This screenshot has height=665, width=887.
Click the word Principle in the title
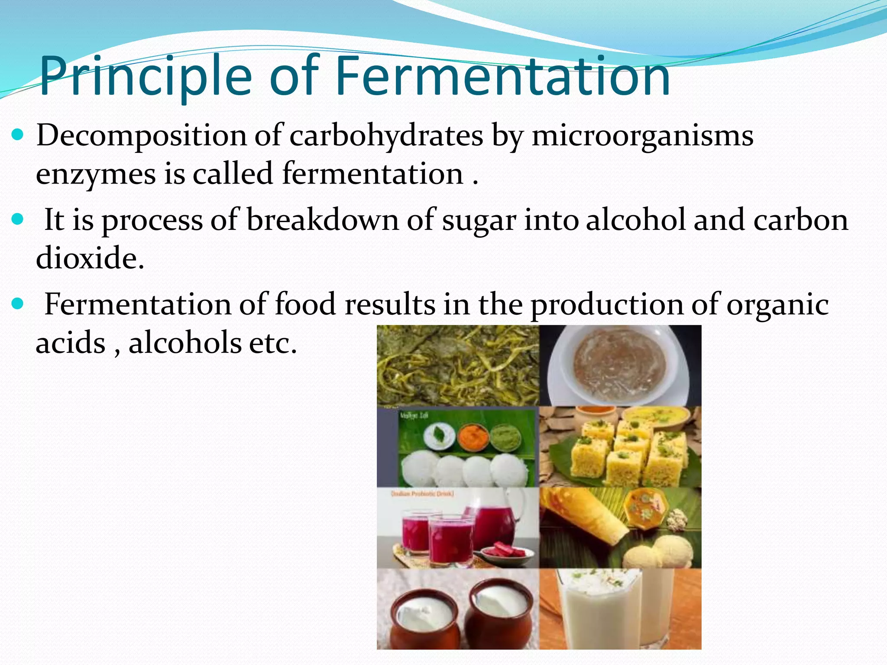(x=145, y=77)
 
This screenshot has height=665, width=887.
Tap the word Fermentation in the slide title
(x=502, y=77)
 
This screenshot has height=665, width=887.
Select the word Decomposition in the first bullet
(x=141, y=136)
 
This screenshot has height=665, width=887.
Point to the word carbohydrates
(x=386, y=136)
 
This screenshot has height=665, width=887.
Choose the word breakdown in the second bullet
(x=322, y=220)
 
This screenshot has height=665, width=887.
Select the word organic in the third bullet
(x=777, y=305)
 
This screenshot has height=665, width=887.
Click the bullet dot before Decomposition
(x=18, y=136)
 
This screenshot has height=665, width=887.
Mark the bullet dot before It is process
(x=18, y=220)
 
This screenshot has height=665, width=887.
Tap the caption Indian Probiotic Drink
(x=422, y=494)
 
